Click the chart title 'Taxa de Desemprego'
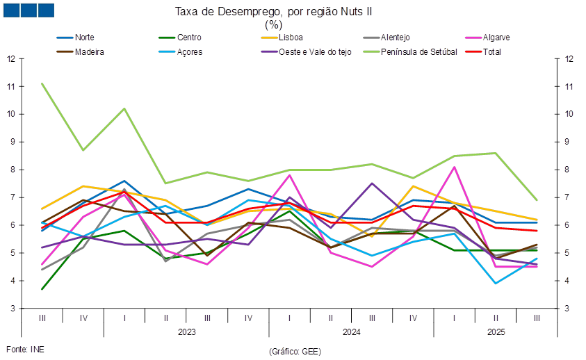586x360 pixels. pyautogui.click(x=293, y=11)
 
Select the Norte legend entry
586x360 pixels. pyautogui.click(x=84, y=37)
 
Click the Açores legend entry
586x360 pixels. pyautogui.click(x=190, y=51)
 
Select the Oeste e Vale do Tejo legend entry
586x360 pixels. pyautogui.click(x=316, y=51)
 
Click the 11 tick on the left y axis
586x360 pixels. pyautogui.click(x=11, y=86)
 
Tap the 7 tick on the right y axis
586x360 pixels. pyautogui.click(x=570, y=197)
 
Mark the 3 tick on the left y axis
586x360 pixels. pyautogui.click(x=11, y=308)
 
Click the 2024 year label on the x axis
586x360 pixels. pyautogui.click(x=351, y=332)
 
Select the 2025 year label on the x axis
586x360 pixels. pyautogui.click(x=495, y=332)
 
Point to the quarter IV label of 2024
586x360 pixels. pyautogui.click(x=413, y=318)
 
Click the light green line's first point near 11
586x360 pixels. pyautogui.click(x=42, y=83)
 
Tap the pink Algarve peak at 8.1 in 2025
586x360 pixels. pyautogui.click(x=454, y=167)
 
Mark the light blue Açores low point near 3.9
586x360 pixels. pyautogui.click(x=496, y=284)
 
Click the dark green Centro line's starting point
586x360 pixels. pyautogui.click(x=42, y=288)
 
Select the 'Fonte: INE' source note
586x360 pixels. pyautogui.click(x=24, y=349)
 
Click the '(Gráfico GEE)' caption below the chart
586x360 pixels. pyautogui.click(x=294, y=352)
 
